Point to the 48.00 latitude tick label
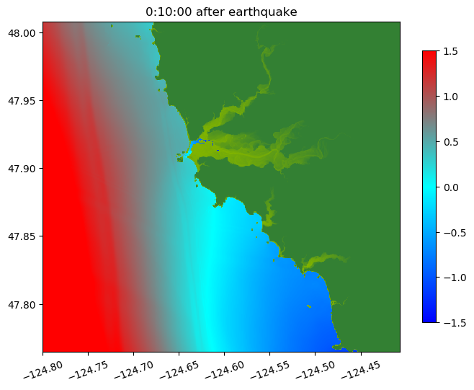(x=22, y=33)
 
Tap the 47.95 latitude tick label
(x=22, y=101)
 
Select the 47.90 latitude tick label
(x=22, y=169)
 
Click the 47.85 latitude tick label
(x=22, y=236)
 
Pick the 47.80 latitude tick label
(x=22, y=304)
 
